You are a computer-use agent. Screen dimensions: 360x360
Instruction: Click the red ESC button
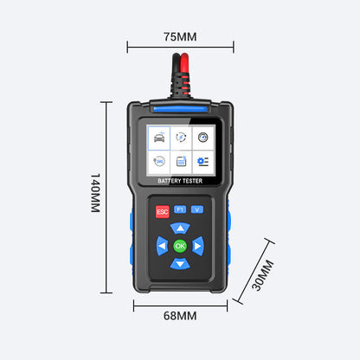click(x=163, y=212)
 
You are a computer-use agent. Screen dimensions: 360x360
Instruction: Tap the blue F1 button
click(x=180, y=209)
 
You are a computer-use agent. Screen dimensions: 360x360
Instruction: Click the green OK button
click(x=180, y=246)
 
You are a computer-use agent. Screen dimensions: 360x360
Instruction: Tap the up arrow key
click(x=180, y=228)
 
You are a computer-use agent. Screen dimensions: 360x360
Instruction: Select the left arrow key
click(x=162, y=246)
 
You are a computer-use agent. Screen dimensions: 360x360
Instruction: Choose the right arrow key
click(x=198, y=246)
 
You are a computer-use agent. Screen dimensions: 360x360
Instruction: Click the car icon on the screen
click(x=159, y=138)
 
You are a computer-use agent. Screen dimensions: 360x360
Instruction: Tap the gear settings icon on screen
click(x=202, y=162)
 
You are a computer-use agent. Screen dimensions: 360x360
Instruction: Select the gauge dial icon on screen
click(x=203, y=138)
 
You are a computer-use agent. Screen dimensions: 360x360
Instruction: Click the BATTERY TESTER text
click(x=180, y=181)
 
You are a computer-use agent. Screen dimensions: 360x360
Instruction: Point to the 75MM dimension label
click(x=180, y=37)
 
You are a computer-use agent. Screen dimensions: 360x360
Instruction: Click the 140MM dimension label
click(x=95, y=193)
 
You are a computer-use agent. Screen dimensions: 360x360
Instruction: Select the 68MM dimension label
click(x=180, y=316)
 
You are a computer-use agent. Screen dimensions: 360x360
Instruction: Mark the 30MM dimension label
click(x=262, y=275)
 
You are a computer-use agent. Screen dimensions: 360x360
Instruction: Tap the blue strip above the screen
click(x=180, y=109)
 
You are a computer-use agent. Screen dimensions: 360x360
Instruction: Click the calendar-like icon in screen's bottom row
click(x=181, y=161)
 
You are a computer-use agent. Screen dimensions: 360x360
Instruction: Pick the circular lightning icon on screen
click(x=181, y=138)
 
